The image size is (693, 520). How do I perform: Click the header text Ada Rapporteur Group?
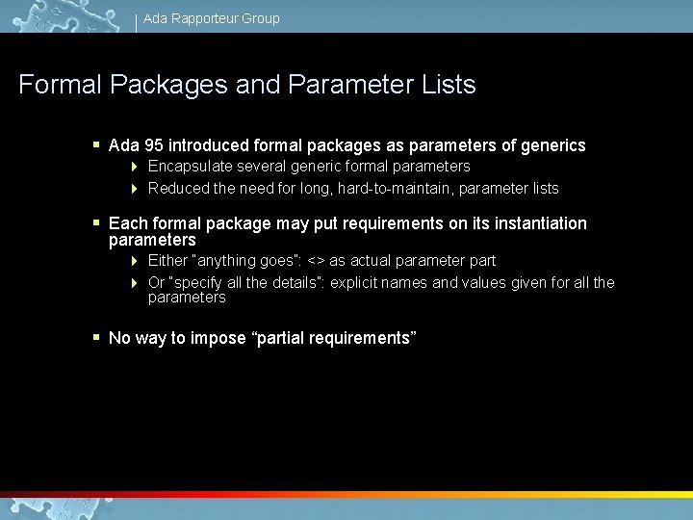click(211, 18)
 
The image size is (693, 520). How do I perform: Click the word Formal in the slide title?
click(60, 85)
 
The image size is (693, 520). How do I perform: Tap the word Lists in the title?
click(449, 85)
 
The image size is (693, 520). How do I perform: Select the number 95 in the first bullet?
click(153, 146)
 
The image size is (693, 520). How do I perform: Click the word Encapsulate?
click(189, 167)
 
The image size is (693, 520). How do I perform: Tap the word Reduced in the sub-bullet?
click(178, 189)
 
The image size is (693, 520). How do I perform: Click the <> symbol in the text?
click(316, 261)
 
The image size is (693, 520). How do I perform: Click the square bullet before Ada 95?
click(96, 145)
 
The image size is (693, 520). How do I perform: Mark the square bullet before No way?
click(96, 337)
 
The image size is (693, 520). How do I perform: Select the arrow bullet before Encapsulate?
click(136, 167)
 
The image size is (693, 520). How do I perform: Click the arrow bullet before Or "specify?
click(136, 283)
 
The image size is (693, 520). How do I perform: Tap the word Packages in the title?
click(168, 85)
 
